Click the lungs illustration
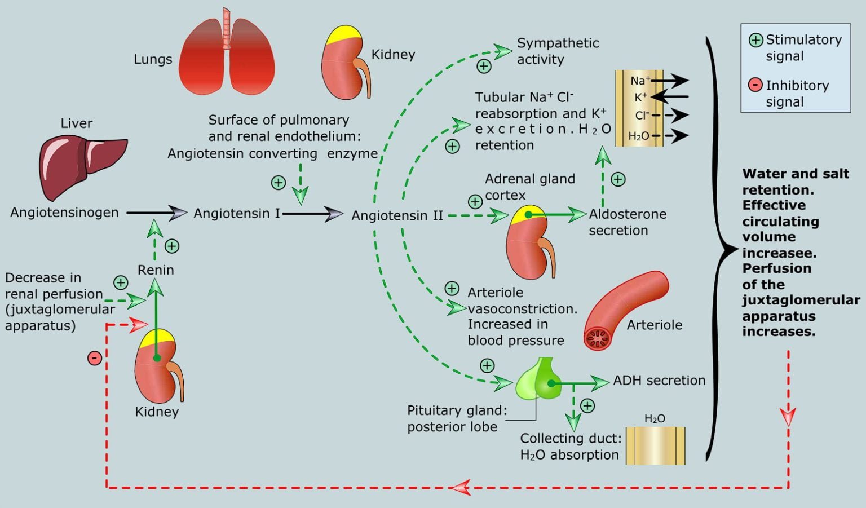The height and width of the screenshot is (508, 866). click(x=227, y=56)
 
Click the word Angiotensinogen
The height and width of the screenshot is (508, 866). click(x=64, y=213)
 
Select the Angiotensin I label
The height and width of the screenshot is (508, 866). click(x=237, y=214)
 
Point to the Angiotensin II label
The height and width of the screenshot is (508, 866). click(x=397, y=215)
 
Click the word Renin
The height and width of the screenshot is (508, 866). click(x=156, y=270)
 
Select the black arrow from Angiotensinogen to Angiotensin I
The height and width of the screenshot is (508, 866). click(x=156, y=213)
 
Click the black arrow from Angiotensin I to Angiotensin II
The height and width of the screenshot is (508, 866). click(x=313, y=214)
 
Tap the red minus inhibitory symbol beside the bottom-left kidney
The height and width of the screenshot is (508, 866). click(x=95, y=357)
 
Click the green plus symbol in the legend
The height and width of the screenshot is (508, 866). click(x=755, y=40)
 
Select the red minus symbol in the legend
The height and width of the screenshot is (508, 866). click(x=755, y=85)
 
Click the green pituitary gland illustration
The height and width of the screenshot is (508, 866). click(x=538, y=381)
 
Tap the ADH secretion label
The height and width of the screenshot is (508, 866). click(x=659, y=381)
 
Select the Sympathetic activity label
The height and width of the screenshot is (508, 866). click(x=557, y=51)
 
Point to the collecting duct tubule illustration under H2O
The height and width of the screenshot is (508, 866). click(x=655, y=445)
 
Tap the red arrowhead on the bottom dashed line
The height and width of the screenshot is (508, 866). click(x=462, y=487)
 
